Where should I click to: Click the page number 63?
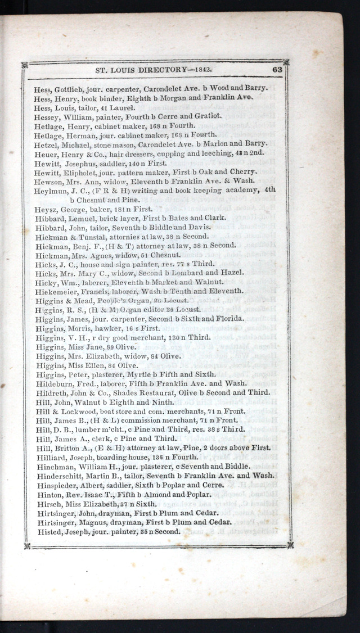pos(277,70)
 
